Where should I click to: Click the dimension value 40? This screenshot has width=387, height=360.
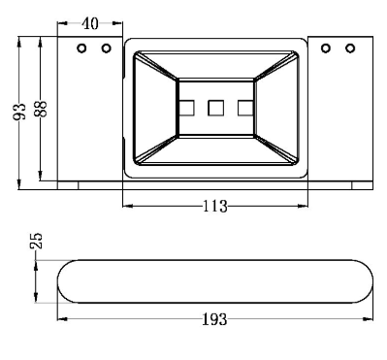(90, 24)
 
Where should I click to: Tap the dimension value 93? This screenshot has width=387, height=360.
(19, 112)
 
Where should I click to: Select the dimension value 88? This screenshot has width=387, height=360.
(41, 109)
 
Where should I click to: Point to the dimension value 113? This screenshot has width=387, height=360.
(215, 206)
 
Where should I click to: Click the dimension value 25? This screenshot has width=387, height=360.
(37, 241)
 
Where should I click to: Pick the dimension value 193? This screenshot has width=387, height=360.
(214, 319)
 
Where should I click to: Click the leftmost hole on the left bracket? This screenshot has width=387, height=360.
(81, 49)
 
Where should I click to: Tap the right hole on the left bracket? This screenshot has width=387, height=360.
(106, 49)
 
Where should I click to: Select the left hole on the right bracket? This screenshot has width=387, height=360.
(326, 49)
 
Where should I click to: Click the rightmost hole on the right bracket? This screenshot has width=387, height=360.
(350, 49)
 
